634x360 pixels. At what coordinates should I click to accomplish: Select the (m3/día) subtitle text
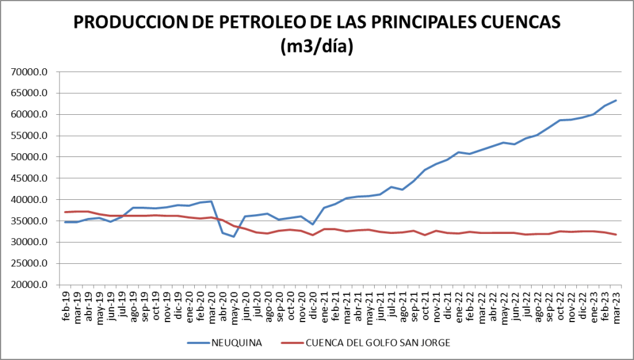(317, 47)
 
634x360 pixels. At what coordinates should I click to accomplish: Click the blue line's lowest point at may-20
(234, 236)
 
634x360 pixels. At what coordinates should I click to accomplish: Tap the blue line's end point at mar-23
(615, 101)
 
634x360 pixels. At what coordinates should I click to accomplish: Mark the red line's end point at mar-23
(615, 235)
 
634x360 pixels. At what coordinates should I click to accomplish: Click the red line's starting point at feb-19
(66, 212)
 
